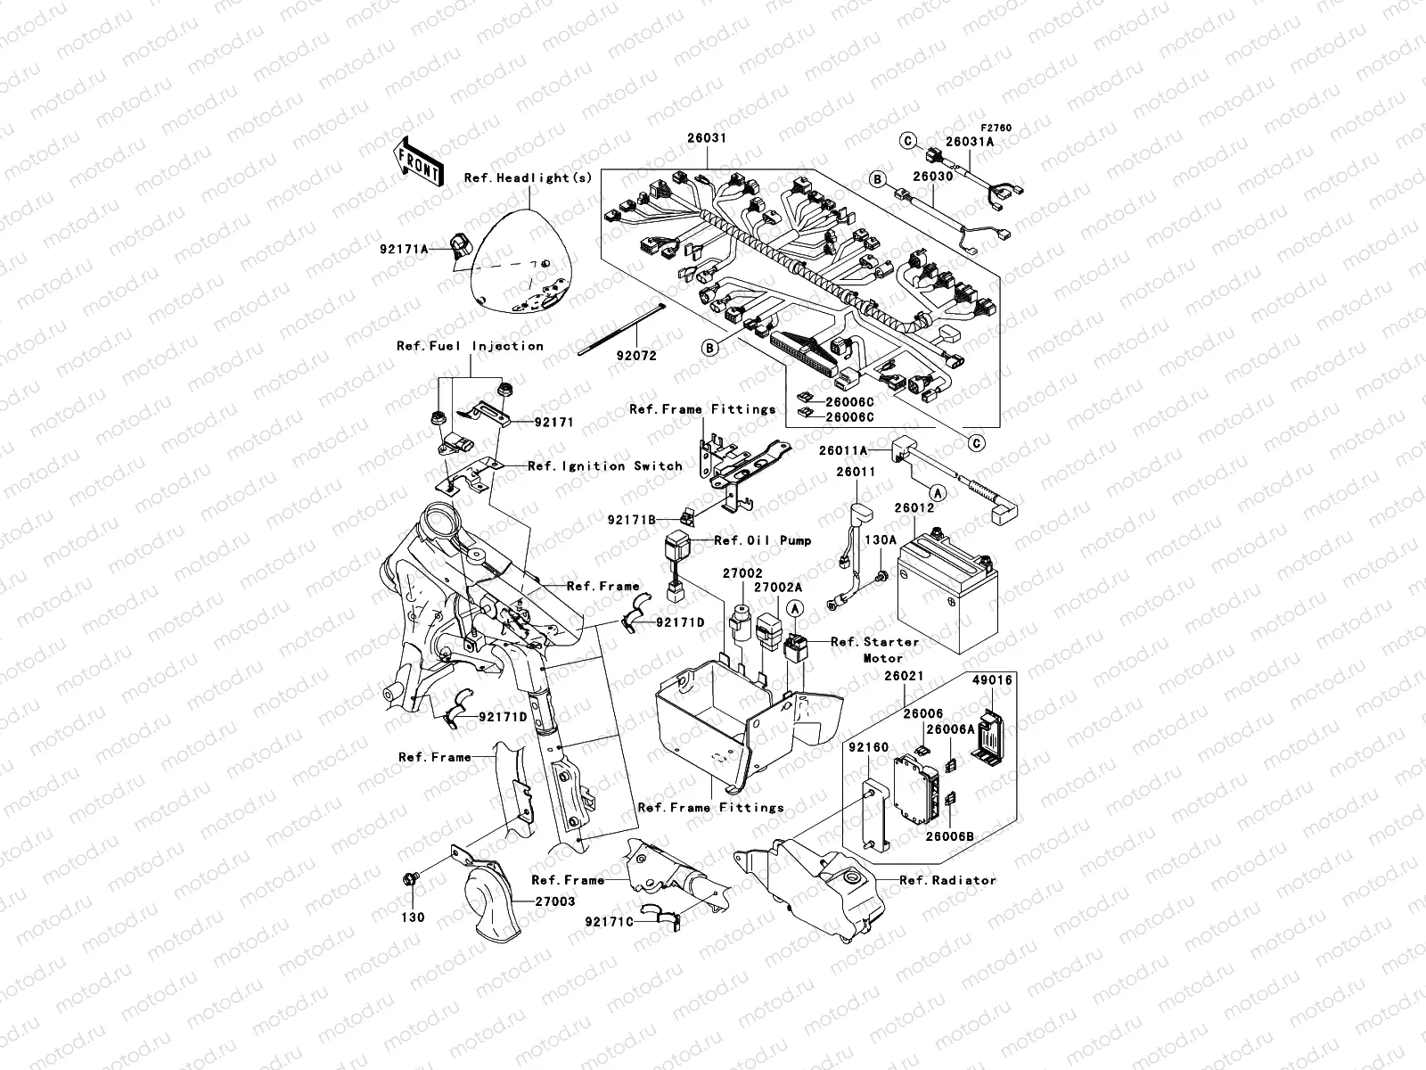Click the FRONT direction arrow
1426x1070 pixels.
418,161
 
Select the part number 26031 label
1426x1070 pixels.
707,138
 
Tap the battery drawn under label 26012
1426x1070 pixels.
948,590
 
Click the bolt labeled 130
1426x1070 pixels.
411,880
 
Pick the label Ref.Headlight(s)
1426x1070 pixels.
529,178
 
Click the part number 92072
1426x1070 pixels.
636,356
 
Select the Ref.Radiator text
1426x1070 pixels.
947,880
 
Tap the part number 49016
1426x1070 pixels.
992,680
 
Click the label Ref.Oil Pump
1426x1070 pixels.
763,540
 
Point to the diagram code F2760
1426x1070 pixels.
996,128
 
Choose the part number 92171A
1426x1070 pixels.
404,249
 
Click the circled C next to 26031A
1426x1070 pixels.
907,140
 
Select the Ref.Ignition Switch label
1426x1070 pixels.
605,465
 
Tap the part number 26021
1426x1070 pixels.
904,676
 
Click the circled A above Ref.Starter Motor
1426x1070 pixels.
794,608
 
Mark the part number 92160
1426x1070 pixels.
869,747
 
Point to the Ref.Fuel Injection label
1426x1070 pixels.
471,346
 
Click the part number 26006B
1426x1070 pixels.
950,836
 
